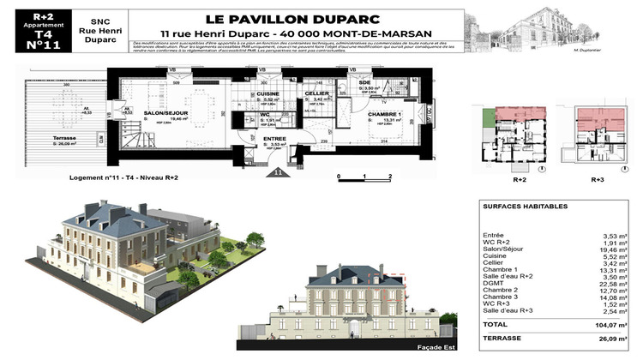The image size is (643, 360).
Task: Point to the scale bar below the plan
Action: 364,178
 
